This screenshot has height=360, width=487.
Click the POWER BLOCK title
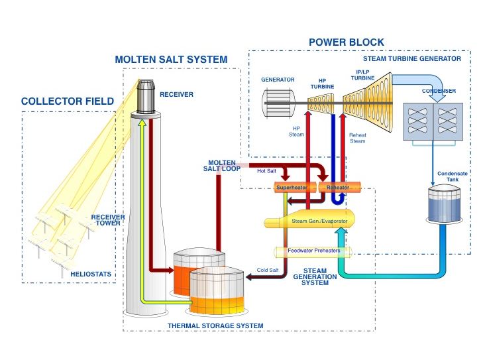346,43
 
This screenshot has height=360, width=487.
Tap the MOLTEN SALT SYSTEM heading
171,60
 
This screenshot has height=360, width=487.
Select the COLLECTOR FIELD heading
68,101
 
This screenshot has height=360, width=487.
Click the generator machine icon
278,103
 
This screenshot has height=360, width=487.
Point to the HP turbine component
322,105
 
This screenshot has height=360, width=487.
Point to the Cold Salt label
268,270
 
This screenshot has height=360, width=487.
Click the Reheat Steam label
357,138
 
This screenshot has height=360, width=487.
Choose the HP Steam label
296,132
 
